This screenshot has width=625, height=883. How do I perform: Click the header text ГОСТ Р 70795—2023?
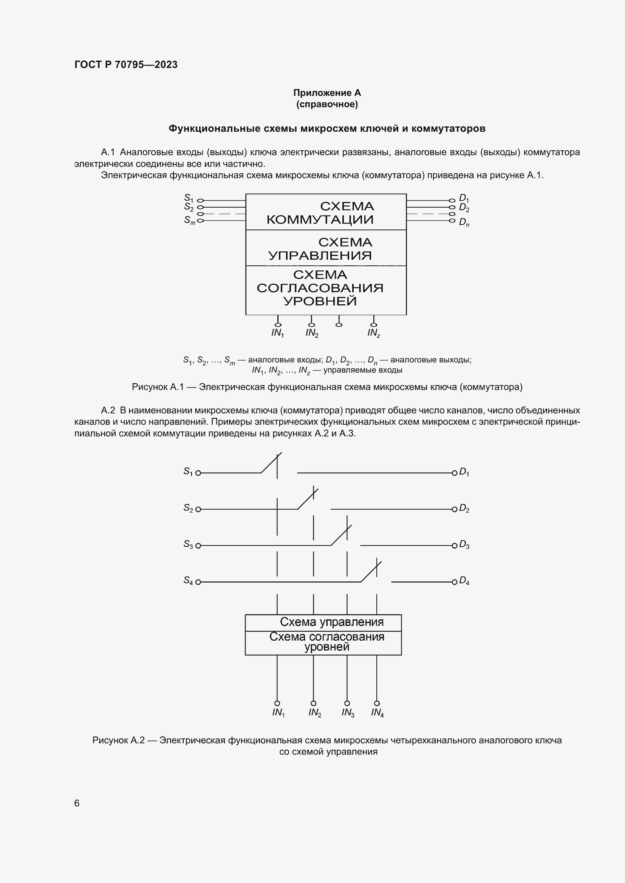coord(126,65)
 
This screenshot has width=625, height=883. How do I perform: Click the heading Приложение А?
coord(327,93)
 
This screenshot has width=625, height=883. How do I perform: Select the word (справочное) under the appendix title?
coord(327,104)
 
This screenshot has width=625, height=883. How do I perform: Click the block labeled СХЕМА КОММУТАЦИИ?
coord(326,212)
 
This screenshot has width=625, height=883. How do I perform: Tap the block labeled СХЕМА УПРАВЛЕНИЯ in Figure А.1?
coord(326,248)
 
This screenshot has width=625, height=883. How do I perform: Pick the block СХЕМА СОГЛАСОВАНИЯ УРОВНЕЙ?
coord(326,288)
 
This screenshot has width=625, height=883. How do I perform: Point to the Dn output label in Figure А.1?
coord(464,222)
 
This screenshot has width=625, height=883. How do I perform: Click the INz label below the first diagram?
coord(373,333)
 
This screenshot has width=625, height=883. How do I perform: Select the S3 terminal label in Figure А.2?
coord(188,544)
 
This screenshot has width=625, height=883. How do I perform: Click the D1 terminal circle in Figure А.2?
coord(454,473)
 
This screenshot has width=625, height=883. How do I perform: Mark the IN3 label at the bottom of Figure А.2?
coord(348,713)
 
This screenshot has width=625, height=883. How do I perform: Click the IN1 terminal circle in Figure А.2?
coord(277,703)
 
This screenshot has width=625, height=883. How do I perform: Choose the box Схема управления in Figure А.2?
coord(323,622)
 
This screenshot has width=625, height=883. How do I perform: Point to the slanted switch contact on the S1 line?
coord(271,463)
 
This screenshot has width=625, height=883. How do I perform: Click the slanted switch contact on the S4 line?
coord(371,572)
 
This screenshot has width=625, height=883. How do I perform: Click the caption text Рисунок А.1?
coord(158,387)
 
